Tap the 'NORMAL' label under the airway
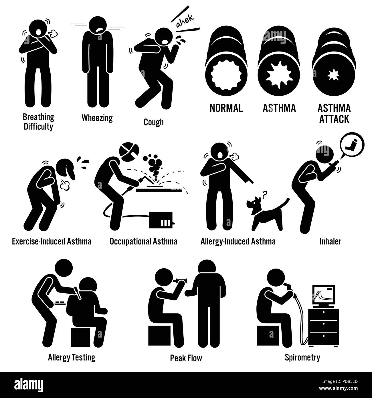tap(226, 108)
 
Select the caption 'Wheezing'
tap(97, 118)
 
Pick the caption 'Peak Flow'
tap(186, 358)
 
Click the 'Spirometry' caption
tap(302, 358)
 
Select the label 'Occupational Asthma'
tap(143, 241)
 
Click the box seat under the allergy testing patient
tap(80, 337)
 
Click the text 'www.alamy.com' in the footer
tap(338, 388)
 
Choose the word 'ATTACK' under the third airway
tap(334, 119)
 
